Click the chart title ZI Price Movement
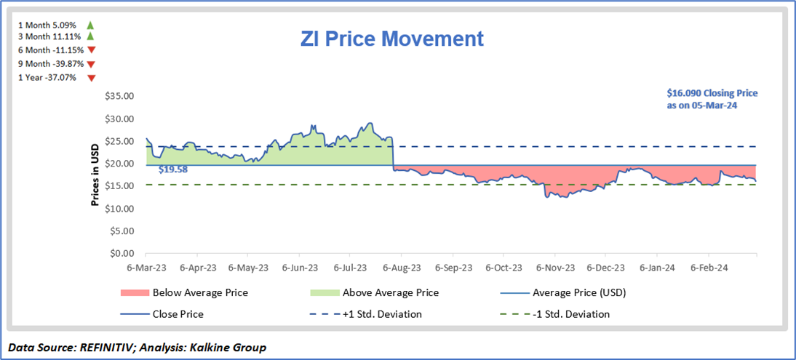pos(392,39)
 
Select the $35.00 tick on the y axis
pos(121,96)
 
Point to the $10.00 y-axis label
pos(121,209)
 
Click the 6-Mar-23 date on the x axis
pos(146,268)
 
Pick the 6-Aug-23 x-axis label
pos(401,268)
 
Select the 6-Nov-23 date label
pos(554,268)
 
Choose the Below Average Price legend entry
pos(200,293)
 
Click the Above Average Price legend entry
pos(390,293)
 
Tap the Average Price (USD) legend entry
pos(579,293)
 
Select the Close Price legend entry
pos(178,314)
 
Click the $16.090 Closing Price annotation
pos(712,99)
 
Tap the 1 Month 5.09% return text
pos(48,24)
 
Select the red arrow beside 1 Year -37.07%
pos(91,78)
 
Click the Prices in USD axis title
pos(95,175)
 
